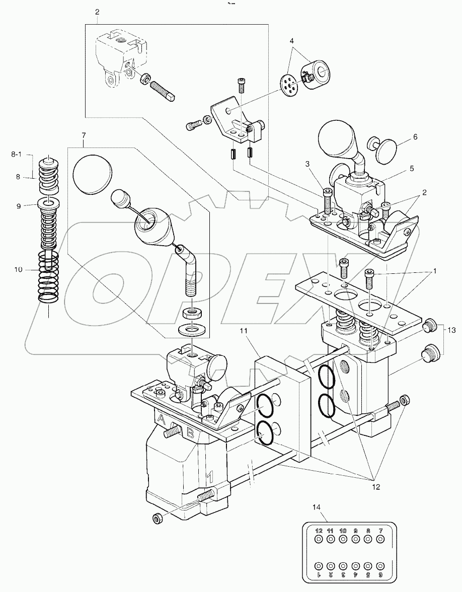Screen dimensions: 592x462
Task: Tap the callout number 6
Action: tap(415, 136)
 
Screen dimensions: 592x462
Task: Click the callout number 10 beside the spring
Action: tap(19, 270)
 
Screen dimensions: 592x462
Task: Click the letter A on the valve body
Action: tap(162, 419)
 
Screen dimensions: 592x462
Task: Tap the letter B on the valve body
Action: tap(190, 431)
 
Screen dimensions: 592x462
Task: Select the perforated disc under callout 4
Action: tap(289, 84)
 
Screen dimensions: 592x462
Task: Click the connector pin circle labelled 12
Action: tap(318, 539)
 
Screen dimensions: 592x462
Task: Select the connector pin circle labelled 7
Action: tap(380, 539)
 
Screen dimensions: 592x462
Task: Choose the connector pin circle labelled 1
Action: tap(318, 565)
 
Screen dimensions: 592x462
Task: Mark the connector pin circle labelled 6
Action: tap(380, 565)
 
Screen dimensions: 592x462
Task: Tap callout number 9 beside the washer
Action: tap(19, 205)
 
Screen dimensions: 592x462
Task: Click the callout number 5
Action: tap(412, 169)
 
